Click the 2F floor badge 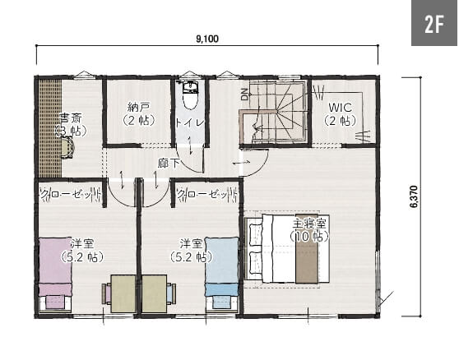pyautogui.click(x=434, y=23)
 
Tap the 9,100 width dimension pyautogui.click(x=207, y=39)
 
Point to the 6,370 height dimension pyautogui.click(x=414, y=196)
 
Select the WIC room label pyautogui.click(x=340, y=108)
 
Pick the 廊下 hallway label pyautogui.click(x=169, y=164)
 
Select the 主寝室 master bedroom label pyautogui.click(x=309, y=224)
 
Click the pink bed pyautogui.click(x=55, y=274)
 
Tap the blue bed pyautogui.click(x=221, y=273)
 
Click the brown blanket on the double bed pyautogui.click(x=307, y=249)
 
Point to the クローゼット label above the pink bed pyautogui.click(x=70, y=194)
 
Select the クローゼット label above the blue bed pyautogui.click(x=207, y=194)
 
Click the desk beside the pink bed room pyautogui.click(x=123, y=293)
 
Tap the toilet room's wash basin pyautogui.click(x=191, y=87)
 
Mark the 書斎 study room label pyautogui.click(x=71, y=118)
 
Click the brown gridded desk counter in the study pyautogui.click(x=50, y=128)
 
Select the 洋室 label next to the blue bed pyautogui.click(x=191, y=243)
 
